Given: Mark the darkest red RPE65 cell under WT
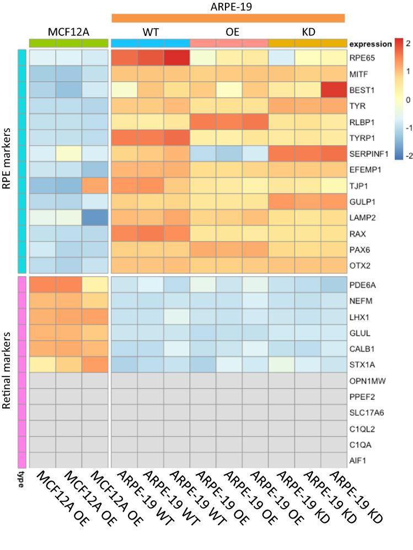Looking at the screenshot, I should click(176, 57).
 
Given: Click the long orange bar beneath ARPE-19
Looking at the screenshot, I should click(228, 18).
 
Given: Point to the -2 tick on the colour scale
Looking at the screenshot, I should click(406, 156).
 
